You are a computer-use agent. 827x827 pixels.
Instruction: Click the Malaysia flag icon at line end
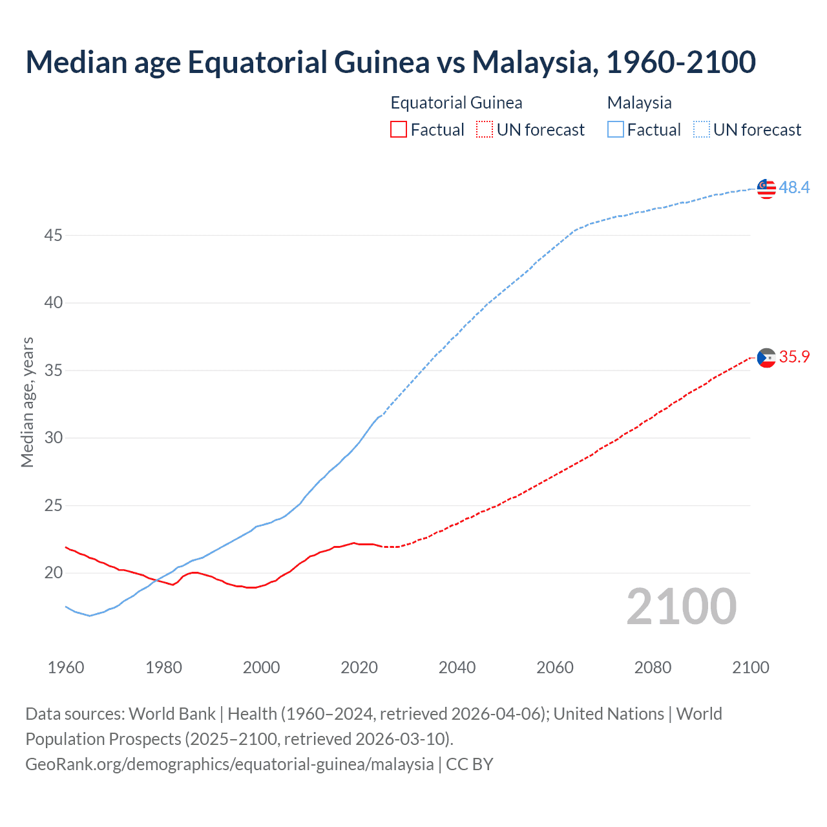(766, 189)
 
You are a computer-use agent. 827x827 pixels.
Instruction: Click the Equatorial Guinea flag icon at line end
(766, 357)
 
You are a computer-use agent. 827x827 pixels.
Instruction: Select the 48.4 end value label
(794, 187)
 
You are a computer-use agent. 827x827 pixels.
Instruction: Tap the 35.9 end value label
(794, 357)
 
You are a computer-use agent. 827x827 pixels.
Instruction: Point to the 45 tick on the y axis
(53, 235)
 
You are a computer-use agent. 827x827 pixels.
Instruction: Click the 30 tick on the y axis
(53, 438)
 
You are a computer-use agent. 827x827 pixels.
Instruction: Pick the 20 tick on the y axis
(53, 573)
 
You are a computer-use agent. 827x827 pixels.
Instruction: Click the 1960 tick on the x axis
(66, 667)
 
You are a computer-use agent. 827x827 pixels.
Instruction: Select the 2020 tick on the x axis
(359, 667)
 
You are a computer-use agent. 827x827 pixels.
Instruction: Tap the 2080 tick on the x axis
(653, 667)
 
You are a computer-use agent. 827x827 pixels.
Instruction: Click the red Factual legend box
(399, 130)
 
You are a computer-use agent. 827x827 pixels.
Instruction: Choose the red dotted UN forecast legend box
(485, 130)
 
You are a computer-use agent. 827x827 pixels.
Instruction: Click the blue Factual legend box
(616, 130)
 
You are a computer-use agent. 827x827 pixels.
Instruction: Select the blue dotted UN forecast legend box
(702, 130)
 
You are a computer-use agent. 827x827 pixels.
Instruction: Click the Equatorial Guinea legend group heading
(456, 103)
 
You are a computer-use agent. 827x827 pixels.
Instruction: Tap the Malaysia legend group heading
(639, 103)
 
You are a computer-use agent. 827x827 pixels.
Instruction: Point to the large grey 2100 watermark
(681, 607)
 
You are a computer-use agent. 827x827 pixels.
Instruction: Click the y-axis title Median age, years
(27, 402)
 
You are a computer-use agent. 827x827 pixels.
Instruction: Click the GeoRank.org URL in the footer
(229, 764)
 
